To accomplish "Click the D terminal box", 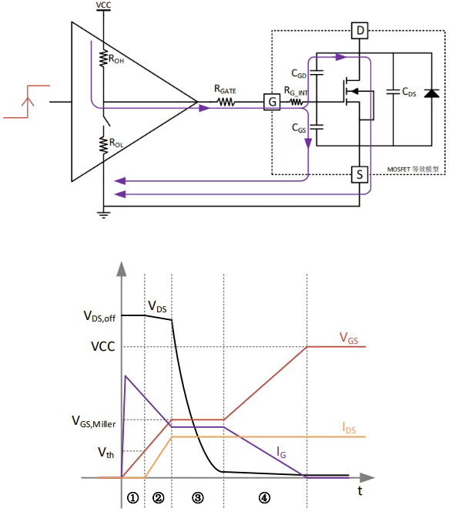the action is pos(360,30).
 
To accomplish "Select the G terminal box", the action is pos(272,102).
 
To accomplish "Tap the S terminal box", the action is pos(360,174).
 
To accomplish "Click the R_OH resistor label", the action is pos(116,59).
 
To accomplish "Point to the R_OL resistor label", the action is pos(116,143).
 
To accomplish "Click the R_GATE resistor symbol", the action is pos(226,103).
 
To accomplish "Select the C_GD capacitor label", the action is pos(299,74).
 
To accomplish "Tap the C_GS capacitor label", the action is pos(299,128).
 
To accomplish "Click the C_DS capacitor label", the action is pos(409,92).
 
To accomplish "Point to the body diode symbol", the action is pos(431,93).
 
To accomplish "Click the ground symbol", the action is pos(103,214).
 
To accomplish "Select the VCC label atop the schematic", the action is pos(103,5).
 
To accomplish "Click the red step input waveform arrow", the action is pos(28,101).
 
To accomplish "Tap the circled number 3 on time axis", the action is pos(198,497).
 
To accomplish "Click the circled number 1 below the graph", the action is pos(132,497).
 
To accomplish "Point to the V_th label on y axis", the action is pos(106,453).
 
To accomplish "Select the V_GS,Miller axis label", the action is pos(94,422).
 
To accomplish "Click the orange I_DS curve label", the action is pos(349,428).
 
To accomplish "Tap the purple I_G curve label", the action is pos(281,453).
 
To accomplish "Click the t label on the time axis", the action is pos(360,490).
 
